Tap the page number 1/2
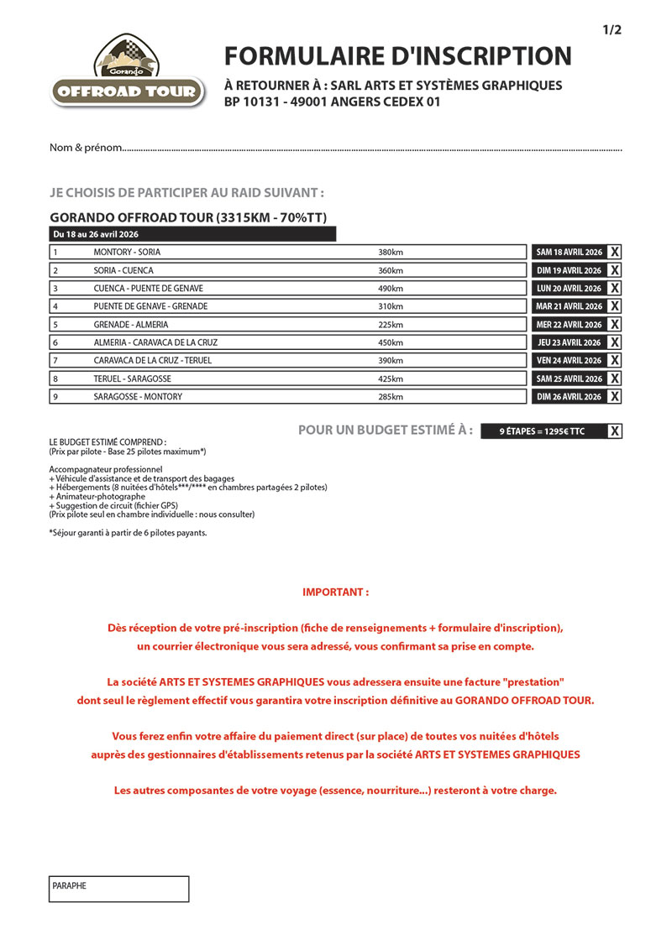(612, 30)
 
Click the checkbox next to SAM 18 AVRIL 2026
(615, 252)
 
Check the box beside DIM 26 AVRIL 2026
(615, 396)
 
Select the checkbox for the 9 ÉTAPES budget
(615, 431)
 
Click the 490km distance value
(391, 288)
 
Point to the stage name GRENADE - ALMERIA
(131, 325)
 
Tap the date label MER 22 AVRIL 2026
(569, 325)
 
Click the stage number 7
(55, 361)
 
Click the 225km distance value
(391, 325)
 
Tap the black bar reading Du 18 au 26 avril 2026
(193, 234)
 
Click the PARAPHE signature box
(118, 889)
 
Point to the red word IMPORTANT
(335, 592)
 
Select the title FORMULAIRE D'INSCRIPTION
(397, 56)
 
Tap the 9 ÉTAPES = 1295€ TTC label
(542, 431)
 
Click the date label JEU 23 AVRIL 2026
(569, 342)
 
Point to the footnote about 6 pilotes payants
(128, 532)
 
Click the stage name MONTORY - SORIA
(127, 252)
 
